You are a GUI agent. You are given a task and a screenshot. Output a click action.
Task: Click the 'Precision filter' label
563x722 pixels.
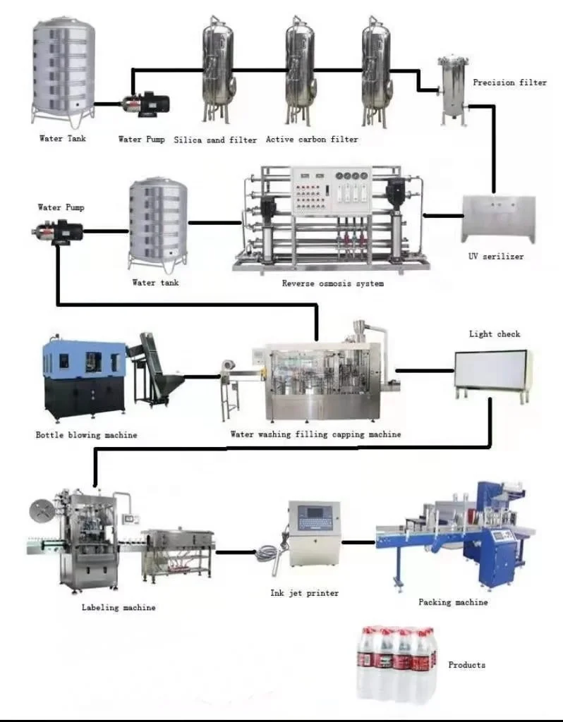coord(509,82)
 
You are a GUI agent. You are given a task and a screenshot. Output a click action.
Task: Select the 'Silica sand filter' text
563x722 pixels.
coord(215,140)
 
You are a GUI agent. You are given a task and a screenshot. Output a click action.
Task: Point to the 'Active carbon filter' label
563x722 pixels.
coord(312,140)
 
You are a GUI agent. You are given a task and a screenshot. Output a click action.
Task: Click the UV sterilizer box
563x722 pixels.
coord(498,218)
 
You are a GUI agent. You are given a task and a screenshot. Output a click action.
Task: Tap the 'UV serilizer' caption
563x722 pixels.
coord(497,257)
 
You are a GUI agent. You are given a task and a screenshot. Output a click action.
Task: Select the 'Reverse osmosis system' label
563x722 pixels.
coord(333,283)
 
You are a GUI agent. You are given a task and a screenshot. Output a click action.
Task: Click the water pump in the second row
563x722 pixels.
coord(58,231)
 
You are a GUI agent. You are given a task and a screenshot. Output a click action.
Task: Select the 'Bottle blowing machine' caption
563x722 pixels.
coord(86,435)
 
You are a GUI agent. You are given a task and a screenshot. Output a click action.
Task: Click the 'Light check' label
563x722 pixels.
coord(495,334)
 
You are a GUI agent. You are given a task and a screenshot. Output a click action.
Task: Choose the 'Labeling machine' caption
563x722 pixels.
coord(119,607)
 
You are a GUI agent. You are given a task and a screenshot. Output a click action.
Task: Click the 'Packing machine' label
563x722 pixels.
coord(453,602)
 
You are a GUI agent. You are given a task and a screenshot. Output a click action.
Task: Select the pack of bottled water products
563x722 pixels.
coord(395,663)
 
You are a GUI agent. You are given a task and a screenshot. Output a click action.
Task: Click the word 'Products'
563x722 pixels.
coord(467,665)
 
